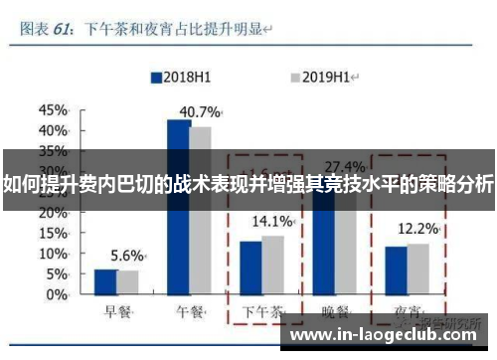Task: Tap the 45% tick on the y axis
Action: tap(53, 110)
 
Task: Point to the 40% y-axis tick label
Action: tap(53, 130)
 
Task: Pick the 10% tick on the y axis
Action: tap(53, 254)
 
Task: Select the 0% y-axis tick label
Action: tap(57, 294)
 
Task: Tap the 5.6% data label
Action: tap(127, 255)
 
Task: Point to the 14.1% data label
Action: tap(271, 221)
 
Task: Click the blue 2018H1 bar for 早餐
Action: tap(105, 281)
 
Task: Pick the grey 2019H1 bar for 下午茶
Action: tap(271, 266)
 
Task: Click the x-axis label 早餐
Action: tap(116, 311)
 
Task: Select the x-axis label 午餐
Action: tap(190, 311)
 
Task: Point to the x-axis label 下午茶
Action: tap(262, 311)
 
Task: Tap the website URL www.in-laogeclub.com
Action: tap(391, 336)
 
